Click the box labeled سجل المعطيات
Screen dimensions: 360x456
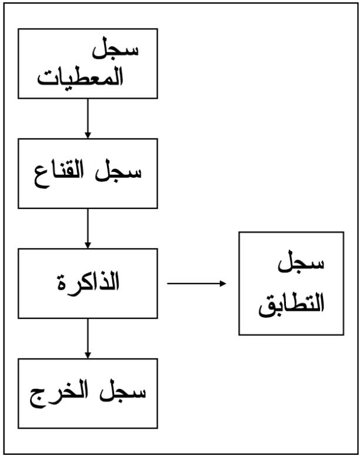click(88, 64)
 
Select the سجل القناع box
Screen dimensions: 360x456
click(88, 174)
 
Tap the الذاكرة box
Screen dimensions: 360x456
click(88, 283)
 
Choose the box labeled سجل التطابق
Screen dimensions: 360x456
click(291, 283)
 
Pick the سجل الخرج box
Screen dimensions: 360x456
click(88, 393)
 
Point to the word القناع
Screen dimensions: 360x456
click(59, 174)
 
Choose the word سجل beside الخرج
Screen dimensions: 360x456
click(122, 393)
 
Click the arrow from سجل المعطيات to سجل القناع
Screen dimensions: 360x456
click(88, 118)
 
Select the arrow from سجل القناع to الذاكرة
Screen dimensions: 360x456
click(88, 228)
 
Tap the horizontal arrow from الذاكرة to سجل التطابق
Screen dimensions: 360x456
click(196, 283)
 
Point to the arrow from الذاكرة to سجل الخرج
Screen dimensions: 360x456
click(88, 338)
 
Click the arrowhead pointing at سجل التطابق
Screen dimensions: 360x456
click(223, 283)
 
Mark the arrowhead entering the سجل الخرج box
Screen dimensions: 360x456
click(88, 355)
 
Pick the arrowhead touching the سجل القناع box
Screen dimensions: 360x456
click(88, 135)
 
